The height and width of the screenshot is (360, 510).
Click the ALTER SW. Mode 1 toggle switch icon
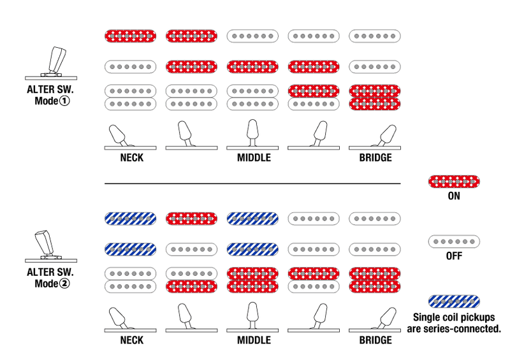[x=52, y=64]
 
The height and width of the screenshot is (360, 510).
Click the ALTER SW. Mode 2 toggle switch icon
[x=51, y=246]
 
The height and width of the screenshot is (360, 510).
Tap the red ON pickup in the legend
[x=454, y=182]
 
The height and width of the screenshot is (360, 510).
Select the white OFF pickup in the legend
[x=454, y=241]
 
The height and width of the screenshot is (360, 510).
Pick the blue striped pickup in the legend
[x=454, y=301]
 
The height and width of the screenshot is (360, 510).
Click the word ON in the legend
[x=454, y=196]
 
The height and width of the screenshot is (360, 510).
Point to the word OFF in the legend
[x=454, y=256]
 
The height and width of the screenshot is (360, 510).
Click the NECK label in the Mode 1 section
[x=132, y=158]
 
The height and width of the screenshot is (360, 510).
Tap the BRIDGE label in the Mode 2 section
[x=375, y=340]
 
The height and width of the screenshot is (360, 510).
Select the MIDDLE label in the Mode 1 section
[x=254, y=158]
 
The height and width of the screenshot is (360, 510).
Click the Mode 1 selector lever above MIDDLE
[x=252, y=134]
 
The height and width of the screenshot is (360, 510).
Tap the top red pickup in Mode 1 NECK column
[x=131, y=36]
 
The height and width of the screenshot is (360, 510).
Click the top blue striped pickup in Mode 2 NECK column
[x=131, y=219]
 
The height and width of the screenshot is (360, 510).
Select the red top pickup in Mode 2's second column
[x=192, y=219]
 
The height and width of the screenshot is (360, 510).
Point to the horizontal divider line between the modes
[x=252, y=184]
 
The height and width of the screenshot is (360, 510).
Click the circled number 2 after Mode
[x=65, y=284]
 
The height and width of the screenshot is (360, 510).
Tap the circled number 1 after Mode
[x=65, y=101]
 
